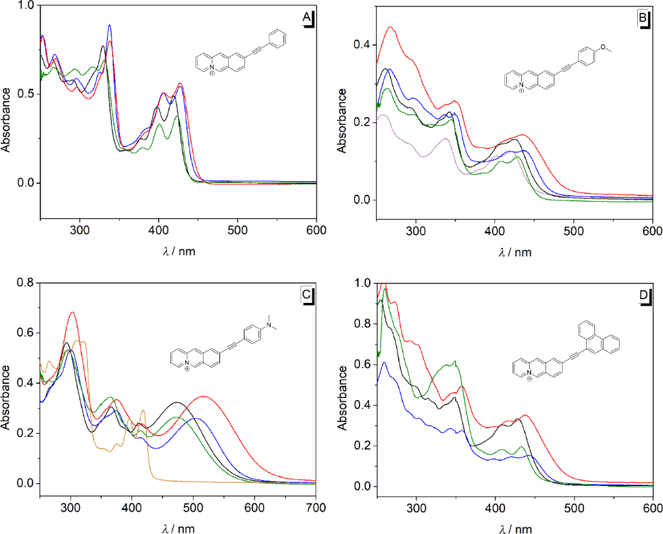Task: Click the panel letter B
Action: click(643, 18)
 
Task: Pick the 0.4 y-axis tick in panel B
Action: click(365, 45)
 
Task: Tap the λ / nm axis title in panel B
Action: click(515, 252)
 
